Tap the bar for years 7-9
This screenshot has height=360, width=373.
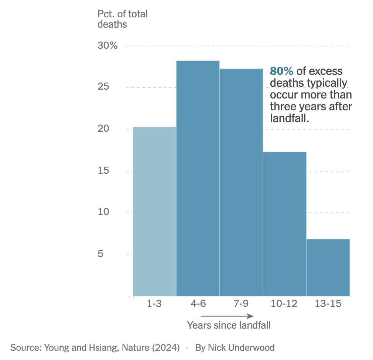tap(241, 182)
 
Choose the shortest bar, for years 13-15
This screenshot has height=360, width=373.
tap(328, 267)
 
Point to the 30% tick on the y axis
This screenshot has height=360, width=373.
tap(107, 46)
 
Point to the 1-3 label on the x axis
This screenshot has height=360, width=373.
tap(154, 304)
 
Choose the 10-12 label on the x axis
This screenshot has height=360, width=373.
tap(284, 304)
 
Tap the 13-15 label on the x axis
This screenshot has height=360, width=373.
tap(328, 304)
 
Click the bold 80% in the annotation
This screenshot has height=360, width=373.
tap(281, 71)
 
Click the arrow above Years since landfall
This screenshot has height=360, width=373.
tap(227, 316)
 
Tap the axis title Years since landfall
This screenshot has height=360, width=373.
tap(229, 325)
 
